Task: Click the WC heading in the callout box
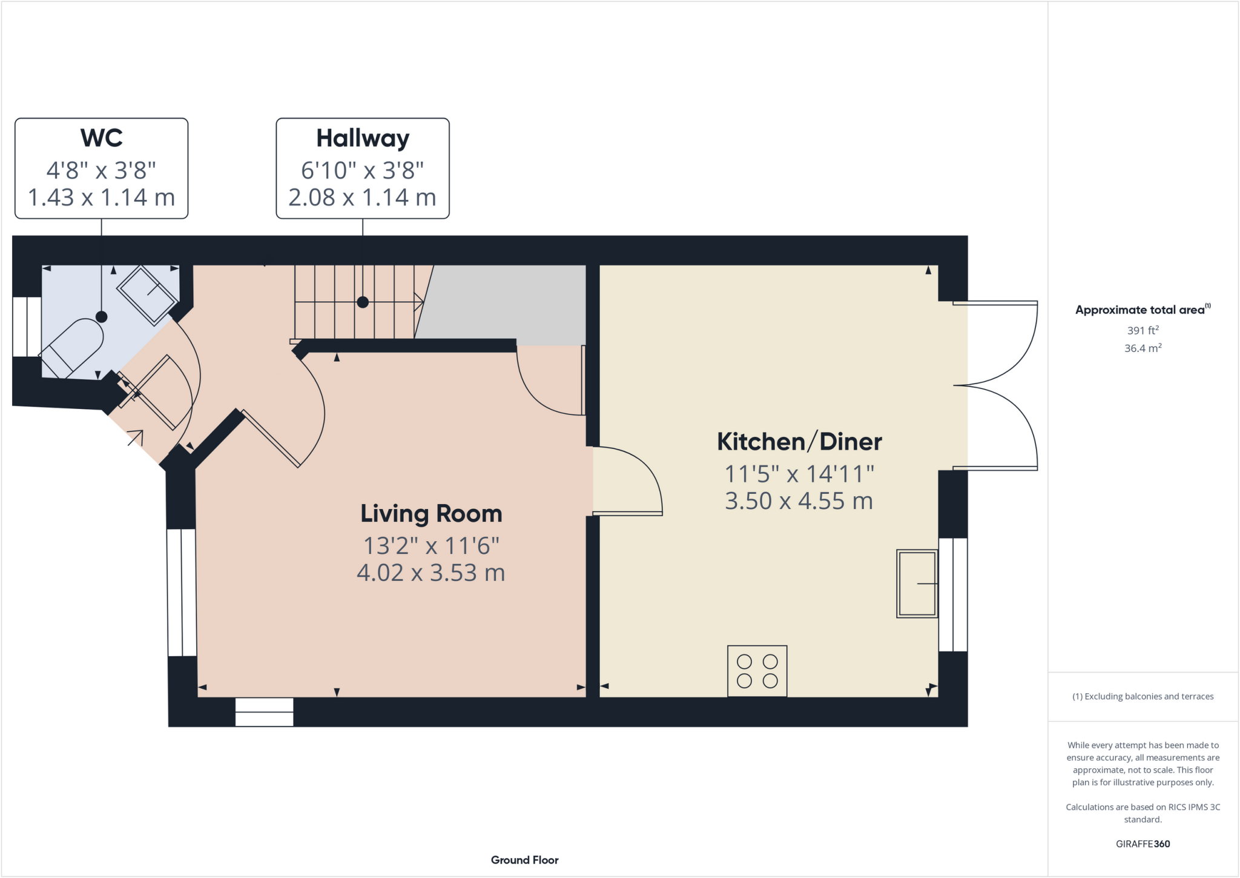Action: pos(101,138)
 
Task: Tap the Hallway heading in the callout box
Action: pos(363,138)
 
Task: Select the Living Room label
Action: pos(431,514)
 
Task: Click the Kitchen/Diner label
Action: pos(799,442)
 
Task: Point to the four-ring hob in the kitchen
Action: pos(757,671)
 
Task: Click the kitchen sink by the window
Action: pos(917,584)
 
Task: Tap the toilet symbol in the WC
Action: pos(71,348)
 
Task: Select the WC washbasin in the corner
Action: pos(147,294)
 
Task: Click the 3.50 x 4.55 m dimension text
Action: pos(799,501)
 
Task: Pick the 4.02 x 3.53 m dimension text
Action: pos(431,573)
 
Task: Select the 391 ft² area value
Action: pos(1143,330)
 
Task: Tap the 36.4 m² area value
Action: pos(1143,348)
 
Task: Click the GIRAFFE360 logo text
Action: pos(1143,843)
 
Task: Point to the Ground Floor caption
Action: pos(524,860)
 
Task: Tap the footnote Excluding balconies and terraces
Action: pos(1143,696)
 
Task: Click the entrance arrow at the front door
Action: pos(136,437)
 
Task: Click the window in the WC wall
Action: pos(27,327)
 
